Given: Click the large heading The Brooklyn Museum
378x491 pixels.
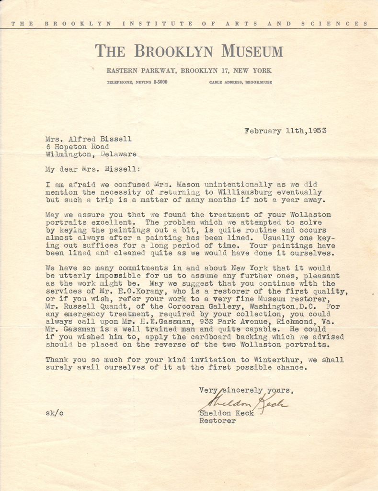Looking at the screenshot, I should tap(189, 51).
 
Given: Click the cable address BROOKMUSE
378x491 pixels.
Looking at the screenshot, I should tap(258, 82).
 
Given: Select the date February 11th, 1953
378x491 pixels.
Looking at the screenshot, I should tap(286, 131).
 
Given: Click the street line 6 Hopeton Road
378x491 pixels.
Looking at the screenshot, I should tap(77, 147).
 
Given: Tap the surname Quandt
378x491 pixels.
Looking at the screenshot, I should tap(124, 307).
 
